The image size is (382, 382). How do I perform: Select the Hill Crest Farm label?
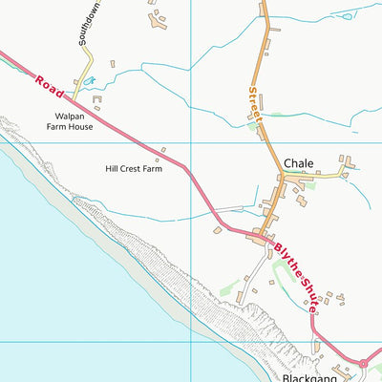pyautogui.click(x=134, y=169)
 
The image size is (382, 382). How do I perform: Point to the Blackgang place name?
pyautogui.click(x=308, y=376)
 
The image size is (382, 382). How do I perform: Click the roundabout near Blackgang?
pyautogui.click(x=363, y=363)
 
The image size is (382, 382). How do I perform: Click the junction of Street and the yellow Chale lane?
pyautogui.click(x=284, y=176)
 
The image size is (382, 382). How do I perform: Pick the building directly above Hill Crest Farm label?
pyautogui.click(x=162, y=149)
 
